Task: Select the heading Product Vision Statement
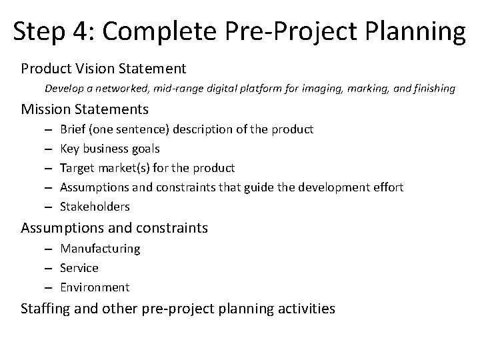(103, 68)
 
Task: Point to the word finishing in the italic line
(433, 87)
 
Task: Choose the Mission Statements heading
(85, 108)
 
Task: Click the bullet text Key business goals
(109, 148)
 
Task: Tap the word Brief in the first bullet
(72, 129)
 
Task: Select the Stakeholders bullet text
(95, 207)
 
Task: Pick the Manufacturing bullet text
(100, 248)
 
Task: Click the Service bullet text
(79, 268)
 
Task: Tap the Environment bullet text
(95, 287)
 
